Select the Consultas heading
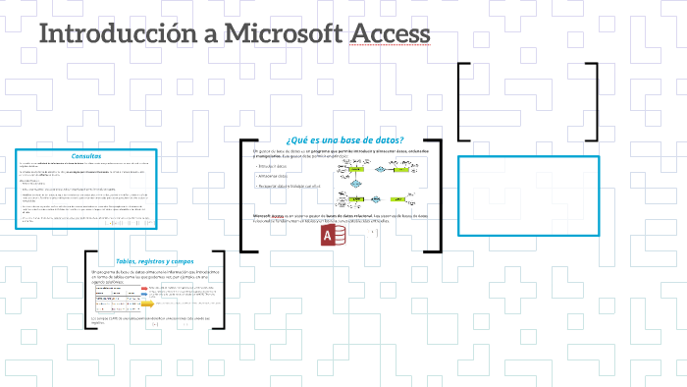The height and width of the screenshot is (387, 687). click(x=86, y=155)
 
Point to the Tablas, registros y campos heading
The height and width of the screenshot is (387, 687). click(x=154, y=261)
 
